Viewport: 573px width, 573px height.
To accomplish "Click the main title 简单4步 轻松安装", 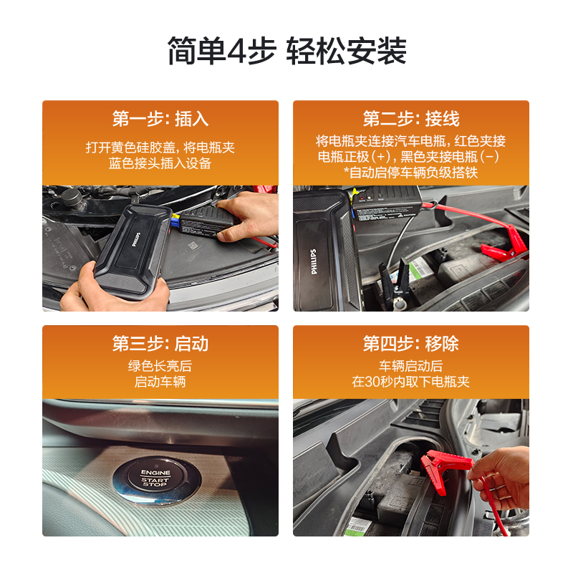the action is (287, 51).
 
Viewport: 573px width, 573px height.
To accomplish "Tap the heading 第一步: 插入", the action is (160, 119).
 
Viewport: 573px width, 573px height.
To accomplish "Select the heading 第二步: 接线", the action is (411, 119).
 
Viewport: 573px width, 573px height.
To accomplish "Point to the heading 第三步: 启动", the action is (160, 344).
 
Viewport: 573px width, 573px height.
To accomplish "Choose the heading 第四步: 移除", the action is (411, 344).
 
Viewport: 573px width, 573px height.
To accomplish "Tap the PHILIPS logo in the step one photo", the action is (136, 239).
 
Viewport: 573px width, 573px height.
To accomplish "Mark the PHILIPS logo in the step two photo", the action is (314, 261).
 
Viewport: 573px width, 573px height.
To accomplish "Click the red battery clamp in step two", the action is (504, 244).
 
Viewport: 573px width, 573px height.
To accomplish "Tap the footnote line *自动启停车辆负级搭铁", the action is (410, 173).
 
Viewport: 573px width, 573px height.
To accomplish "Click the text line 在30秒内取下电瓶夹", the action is (410, 382).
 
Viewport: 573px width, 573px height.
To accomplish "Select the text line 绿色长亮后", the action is (160, 366).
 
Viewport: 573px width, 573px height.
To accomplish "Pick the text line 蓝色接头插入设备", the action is (160, 163).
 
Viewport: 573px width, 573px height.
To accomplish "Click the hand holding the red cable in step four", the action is (501, 477).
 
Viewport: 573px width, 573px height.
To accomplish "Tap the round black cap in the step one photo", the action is (72, 198).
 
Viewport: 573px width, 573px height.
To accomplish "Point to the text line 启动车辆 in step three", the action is (160, 382).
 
